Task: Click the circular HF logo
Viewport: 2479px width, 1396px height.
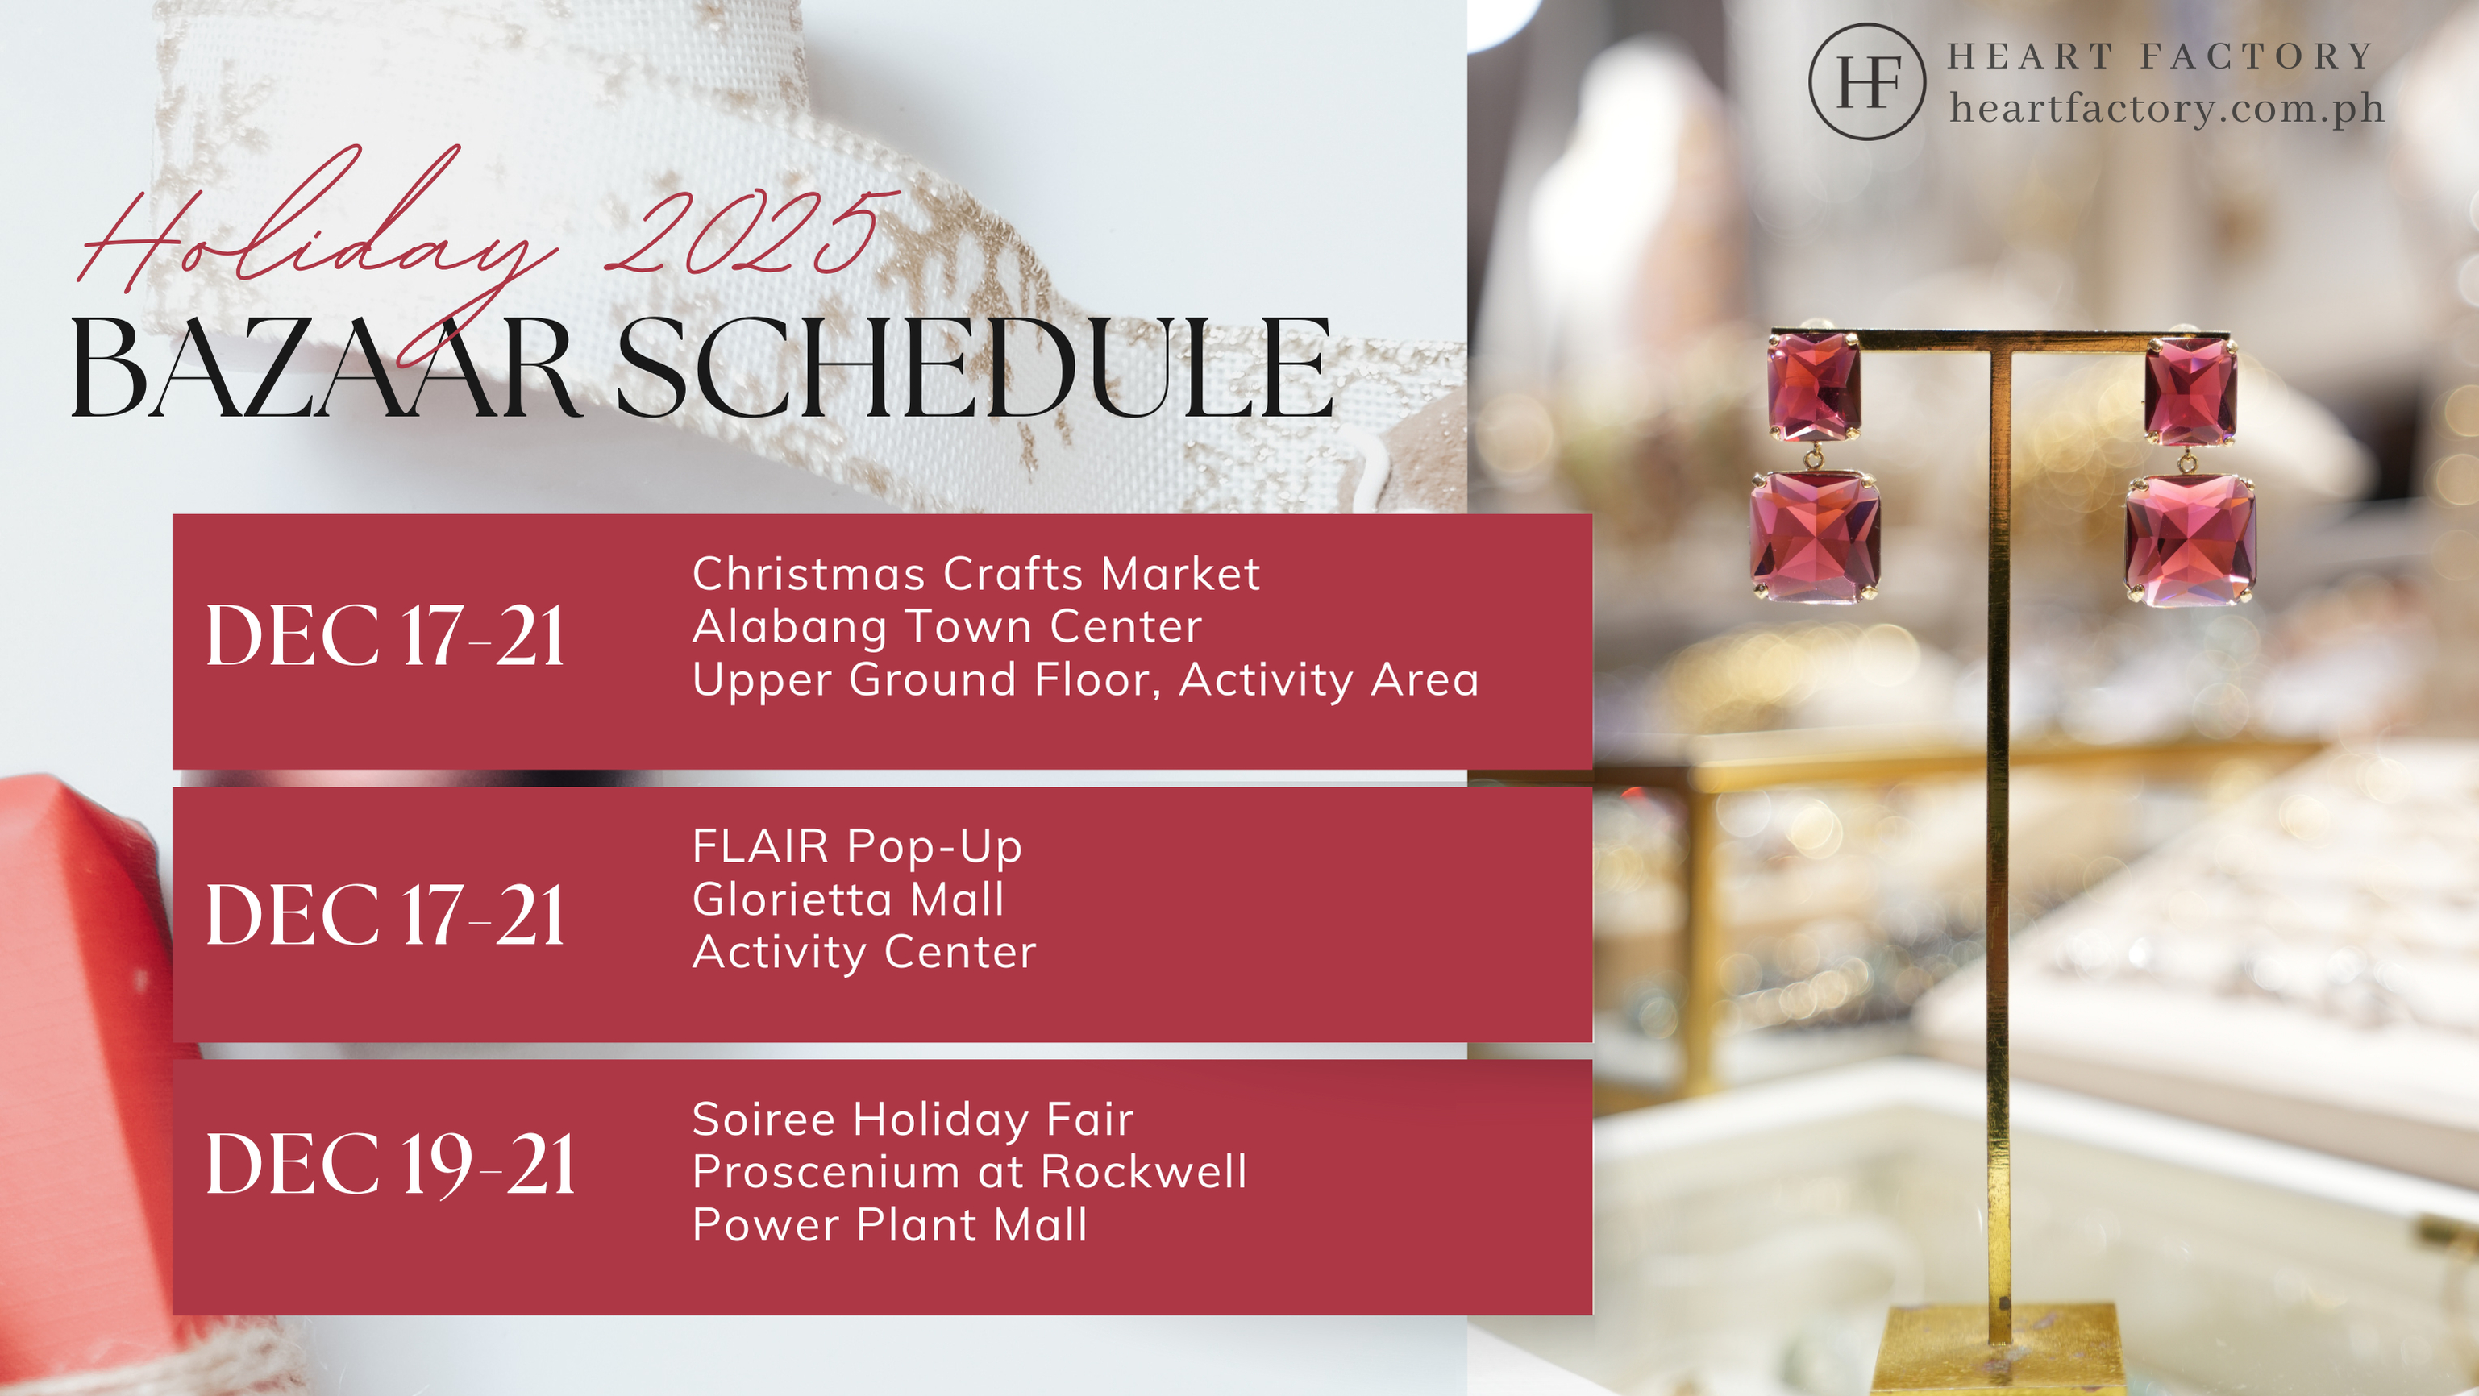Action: click(1867, 81)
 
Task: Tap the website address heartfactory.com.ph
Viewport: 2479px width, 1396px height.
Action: click(2167, 108)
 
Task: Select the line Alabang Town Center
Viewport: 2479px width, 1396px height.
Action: click(947, 627)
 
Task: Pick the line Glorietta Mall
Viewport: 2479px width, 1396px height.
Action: click(849, 900)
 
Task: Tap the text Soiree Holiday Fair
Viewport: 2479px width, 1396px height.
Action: click(913, 1120)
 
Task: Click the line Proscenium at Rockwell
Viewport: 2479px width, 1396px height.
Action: click(970, 1172)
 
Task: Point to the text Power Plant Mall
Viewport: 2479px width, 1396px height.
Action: click(890, 1225)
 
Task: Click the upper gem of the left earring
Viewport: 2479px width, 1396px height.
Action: click(1814, 387)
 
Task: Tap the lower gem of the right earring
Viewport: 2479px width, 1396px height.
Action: click(2190, 540)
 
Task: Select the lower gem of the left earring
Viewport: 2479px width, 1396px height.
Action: click(1815, 537)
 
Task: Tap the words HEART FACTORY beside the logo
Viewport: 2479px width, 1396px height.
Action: click(2161, 56)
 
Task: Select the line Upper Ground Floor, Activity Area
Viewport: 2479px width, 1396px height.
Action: click(1086, 680)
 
